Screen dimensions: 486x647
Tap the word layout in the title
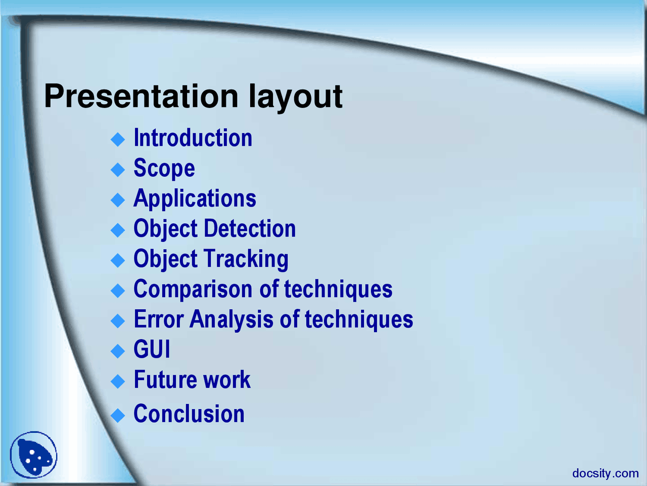(x=295, y=97)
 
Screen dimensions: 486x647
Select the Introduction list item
(x=193, y=138)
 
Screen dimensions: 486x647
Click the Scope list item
(x=164, y=169)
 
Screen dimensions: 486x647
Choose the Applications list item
(x=195, y=199)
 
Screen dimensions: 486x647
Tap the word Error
(x=158, y=319)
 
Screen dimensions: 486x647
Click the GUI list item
(x=152, y=350)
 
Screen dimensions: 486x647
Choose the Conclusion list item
(x=189, y=414)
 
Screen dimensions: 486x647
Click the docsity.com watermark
(x=605, y=473)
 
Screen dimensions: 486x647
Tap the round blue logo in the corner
(x=33, y=455)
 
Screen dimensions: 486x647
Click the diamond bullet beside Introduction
(x=118, y=139)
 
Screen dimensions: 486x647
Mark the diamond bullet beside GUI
(x=118, y=351)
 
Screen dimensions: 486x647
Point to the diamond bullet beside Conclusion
(x=118, y=416)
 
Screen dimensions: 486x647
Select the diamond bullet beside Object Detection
(x=118, y=230)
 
